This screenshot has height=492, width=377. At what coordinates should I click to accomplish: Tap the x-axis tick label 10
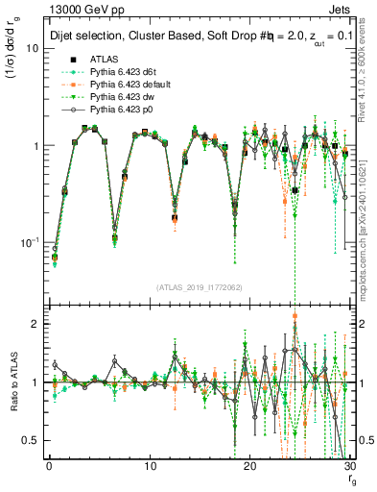(149, 468)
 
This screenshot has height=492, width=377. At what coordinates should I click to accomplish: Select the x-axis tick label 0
(49, 468)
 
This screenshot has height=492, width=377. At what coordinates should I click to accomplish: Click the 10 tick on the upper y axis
(35, 47)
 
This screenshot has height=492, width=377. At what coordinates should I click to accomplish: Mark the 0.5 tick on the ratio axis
(32, 440)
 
